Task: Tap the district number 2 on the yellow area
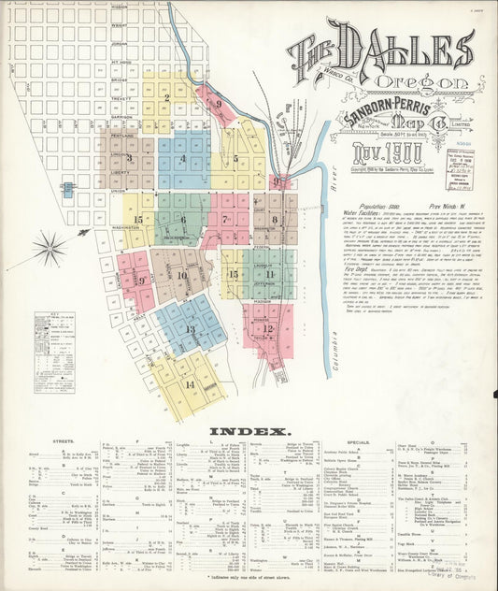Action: click(166, 96)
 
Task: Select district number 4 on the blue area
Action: click(183, 158)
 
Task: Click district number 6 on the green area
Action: click(183, 220)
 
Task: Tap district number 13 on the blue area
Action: click(190, 328)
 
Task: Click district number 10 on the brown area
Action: click(182, 275)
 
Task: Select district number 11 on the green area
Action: click(269, 274)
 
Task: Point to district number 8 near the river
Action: click(275, 220)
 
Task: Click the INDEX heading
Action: click(247, 431)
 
